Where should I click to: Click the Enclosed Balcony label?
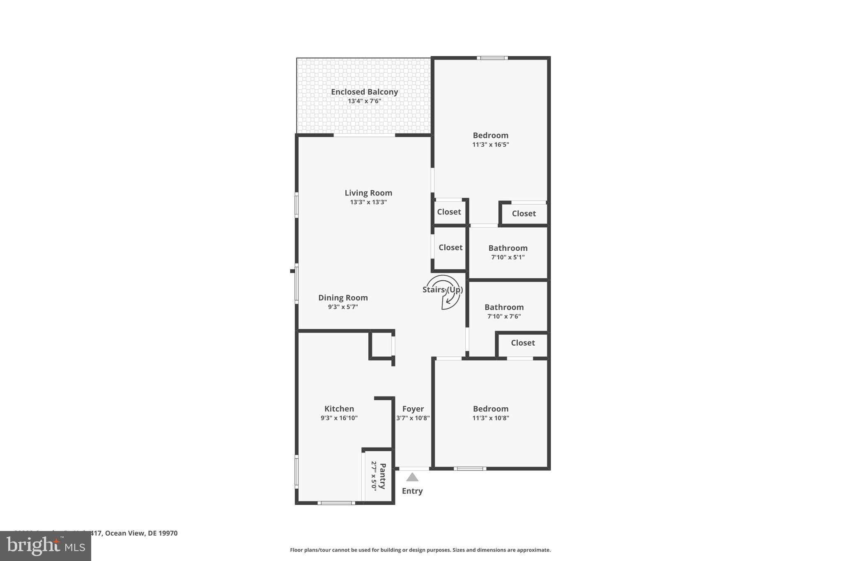[364, 92]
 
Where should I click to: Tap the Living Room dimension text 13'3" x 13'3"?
[368, 202]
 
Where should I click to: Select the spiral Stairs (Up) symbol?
[443, 292]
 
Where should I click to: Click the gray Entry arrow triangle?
[412, 477]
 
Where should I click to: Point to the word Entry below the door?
[412, 491]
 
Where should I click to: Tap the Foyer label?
[413, 409]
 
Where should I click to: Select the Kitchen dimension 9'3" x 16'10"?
[339, 418]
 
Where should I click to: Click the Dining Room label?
[343, 298]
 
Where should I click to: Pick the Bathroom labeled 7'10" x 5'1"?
[508, 248]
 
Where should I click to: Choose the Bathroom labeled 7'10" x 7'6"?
[504, 307]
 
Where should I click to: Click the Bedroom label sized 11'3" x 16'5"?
[490, 135]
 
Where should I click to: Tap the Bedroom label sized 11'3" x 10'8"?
[490, 409]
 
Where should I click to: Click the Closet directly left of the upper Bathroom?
[450, 247]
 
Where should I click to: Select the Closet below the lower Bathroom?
[522, 343]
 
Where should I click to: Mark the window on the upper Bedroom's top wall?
[492, 58]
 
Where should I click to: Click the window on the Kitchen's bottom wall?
[336, 503]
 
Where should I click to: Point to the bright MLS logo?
[46, 546]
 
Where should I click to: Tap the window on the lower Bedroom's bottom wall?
[470, 469]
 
